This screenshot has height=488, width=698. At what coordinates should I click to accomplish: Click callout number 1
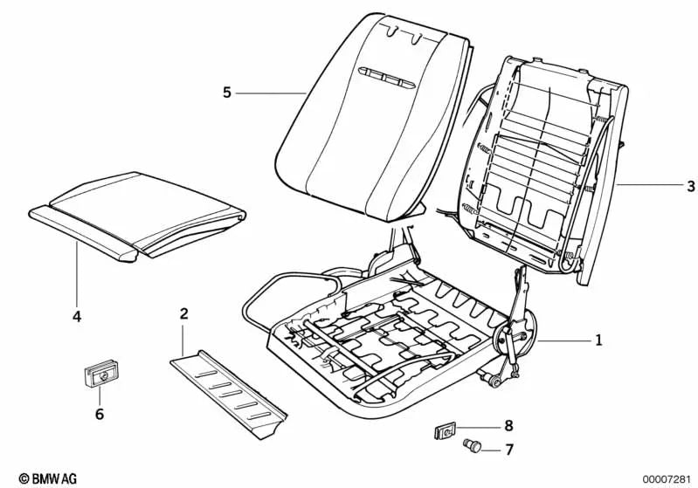[598, 340]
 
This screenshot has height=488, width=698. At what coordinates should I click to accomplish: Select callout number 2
[183, 314]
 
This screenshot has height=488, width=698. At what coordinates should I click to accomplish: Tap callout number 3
[691, 186]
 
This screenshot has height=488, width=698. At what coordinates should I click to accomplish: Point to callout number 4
[77, 317]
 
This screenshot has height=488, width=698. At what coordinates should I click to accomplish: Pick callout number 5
[227, 93]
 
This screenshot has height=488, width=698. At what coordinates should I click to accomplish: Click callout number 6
[99, 413]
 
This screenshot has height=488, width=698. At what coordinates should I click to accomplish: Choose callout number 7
[508, 450]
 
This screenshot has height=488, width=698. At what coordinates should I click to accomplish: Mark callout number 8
[508, 426]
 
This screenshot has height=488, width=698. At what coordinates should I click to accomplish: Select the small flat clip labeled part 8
[446, 430]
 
